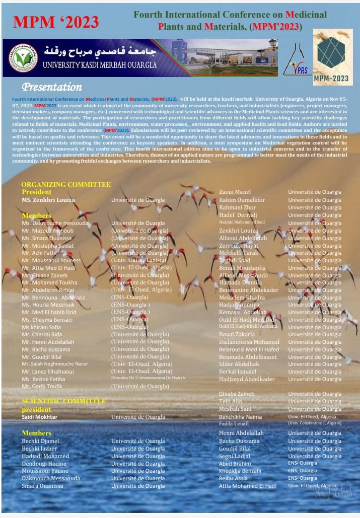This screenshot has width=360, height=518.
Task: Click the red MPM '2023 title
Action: (x=56, y=22)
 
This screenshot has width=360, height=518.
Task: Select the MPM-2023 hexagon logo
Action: (x=332, y=56)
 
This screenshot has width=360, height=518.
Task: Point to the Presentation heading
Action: (x=52, y=88)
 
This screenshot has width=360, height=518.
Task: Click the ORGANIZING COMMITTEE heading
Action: (x=66, y=185)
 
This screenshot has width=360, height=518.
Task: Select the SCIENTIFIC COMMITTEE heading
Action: (x=64, y=401)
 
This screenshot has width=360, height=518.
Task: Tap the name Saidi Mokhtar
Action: (x=39, y=417)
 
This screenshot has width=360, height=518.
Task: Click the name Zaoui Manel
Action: (x=235, y=192)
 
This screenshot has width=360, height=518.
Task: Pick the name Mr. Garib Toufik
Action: (x=42, y=386)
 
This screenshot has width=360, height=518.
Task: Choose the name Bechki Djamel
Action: (x=40, y=441)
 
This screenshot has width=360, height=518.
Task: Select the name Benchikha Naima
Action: (x=240, y=417)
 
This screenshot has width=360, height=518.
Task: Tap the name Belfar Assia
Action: (x=233, y=478)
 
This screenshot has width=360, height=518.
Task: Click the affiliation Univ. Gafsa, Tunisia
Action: (x=139, y=260)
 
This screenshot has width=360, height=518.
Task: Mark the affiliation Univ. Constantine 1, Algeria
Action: (x=314, y=423)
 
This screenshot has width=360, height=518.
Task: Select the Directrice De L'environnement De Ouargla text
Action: (x=148, y=378)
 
